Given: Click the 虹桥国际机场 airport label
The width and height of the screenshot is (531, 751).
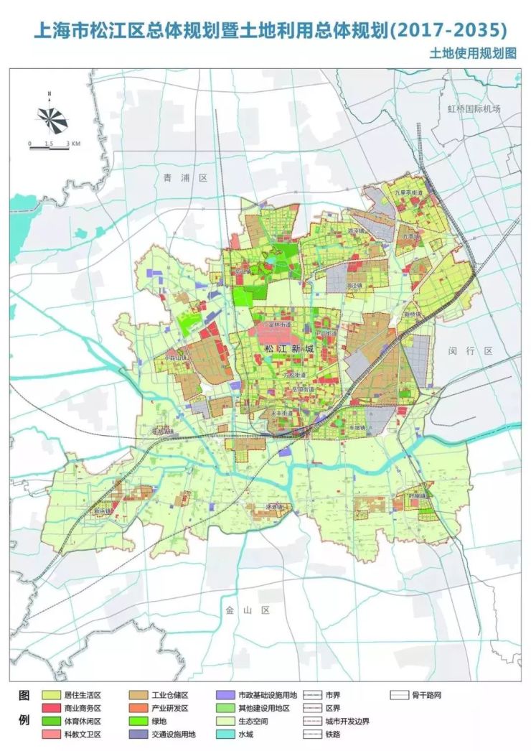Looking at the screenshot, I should [473, 109].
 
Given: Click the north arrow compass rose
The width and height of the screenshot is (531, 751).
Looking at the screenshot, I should [50, 116].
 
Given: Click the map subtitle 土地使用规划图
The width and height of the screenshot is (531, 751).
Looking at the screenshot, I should [474, 54].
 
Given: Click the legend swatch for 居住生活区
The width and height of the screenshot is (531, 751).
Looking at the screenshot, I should [51, 696].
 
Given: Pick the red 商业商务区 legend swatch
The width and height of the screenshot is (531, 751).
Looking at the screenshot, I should [51, 709].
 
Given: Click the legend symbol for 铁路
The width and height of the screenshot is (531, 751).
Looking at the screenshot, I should [313, 734].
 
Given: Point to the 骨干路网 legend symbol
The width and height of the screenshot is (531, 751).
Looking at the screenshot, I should [400, 696].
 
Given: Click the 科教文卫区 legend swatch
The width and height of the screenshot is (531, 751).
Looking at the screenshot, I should [51, 734].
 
